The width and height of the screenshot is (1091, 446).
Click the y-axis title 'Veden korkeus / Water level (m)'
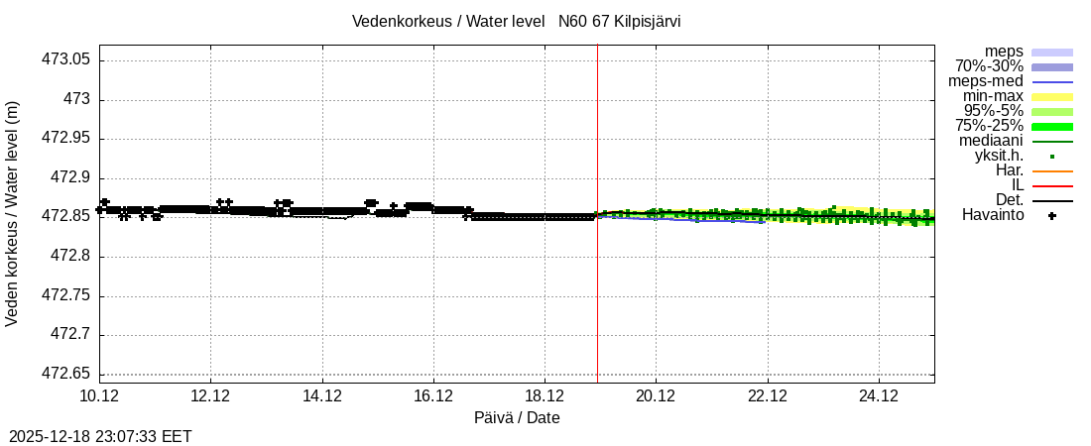pos(13,213)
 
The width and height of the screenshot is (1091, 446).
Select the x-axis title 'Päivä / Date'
pos(517,417)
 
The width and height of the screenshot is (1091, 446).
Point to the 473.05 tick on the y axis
pos(65,59)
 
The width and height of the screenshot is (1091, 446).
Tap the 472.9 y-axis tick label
pos(70,177)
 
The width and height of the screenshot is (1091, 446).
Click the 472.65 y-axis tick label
pos(65,374)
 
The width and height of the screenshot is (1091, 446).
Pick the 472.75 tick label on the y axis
pos(65,295)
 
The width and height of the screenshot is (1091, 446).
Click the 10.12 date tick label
pos(99,395)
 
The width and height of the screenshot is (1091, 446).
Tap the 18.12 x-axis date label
pos(545,395)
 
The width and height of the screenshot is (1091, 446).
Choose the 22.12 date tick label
pos(767,395)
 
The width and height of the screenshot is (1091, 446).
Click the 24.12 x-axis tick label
pos(879,395)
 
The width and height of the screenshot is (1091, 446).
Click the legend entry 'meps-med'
pos(986,81)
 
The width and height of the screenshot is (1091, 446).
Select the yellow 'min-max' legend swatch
pos(1051,96)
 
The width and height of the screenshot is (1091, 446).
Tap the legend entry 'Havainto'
pos(993,215)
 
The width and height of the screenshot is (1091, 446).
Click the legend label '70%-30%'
pos(989,66)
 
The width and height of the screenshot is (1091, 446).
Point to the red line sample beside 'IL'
pos(1051,185)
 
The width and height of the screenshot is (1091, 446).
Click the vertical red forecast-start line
pos(597,297)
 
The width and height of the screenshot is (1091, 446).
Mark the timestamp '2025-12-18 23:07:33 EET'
pos(100,436)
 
